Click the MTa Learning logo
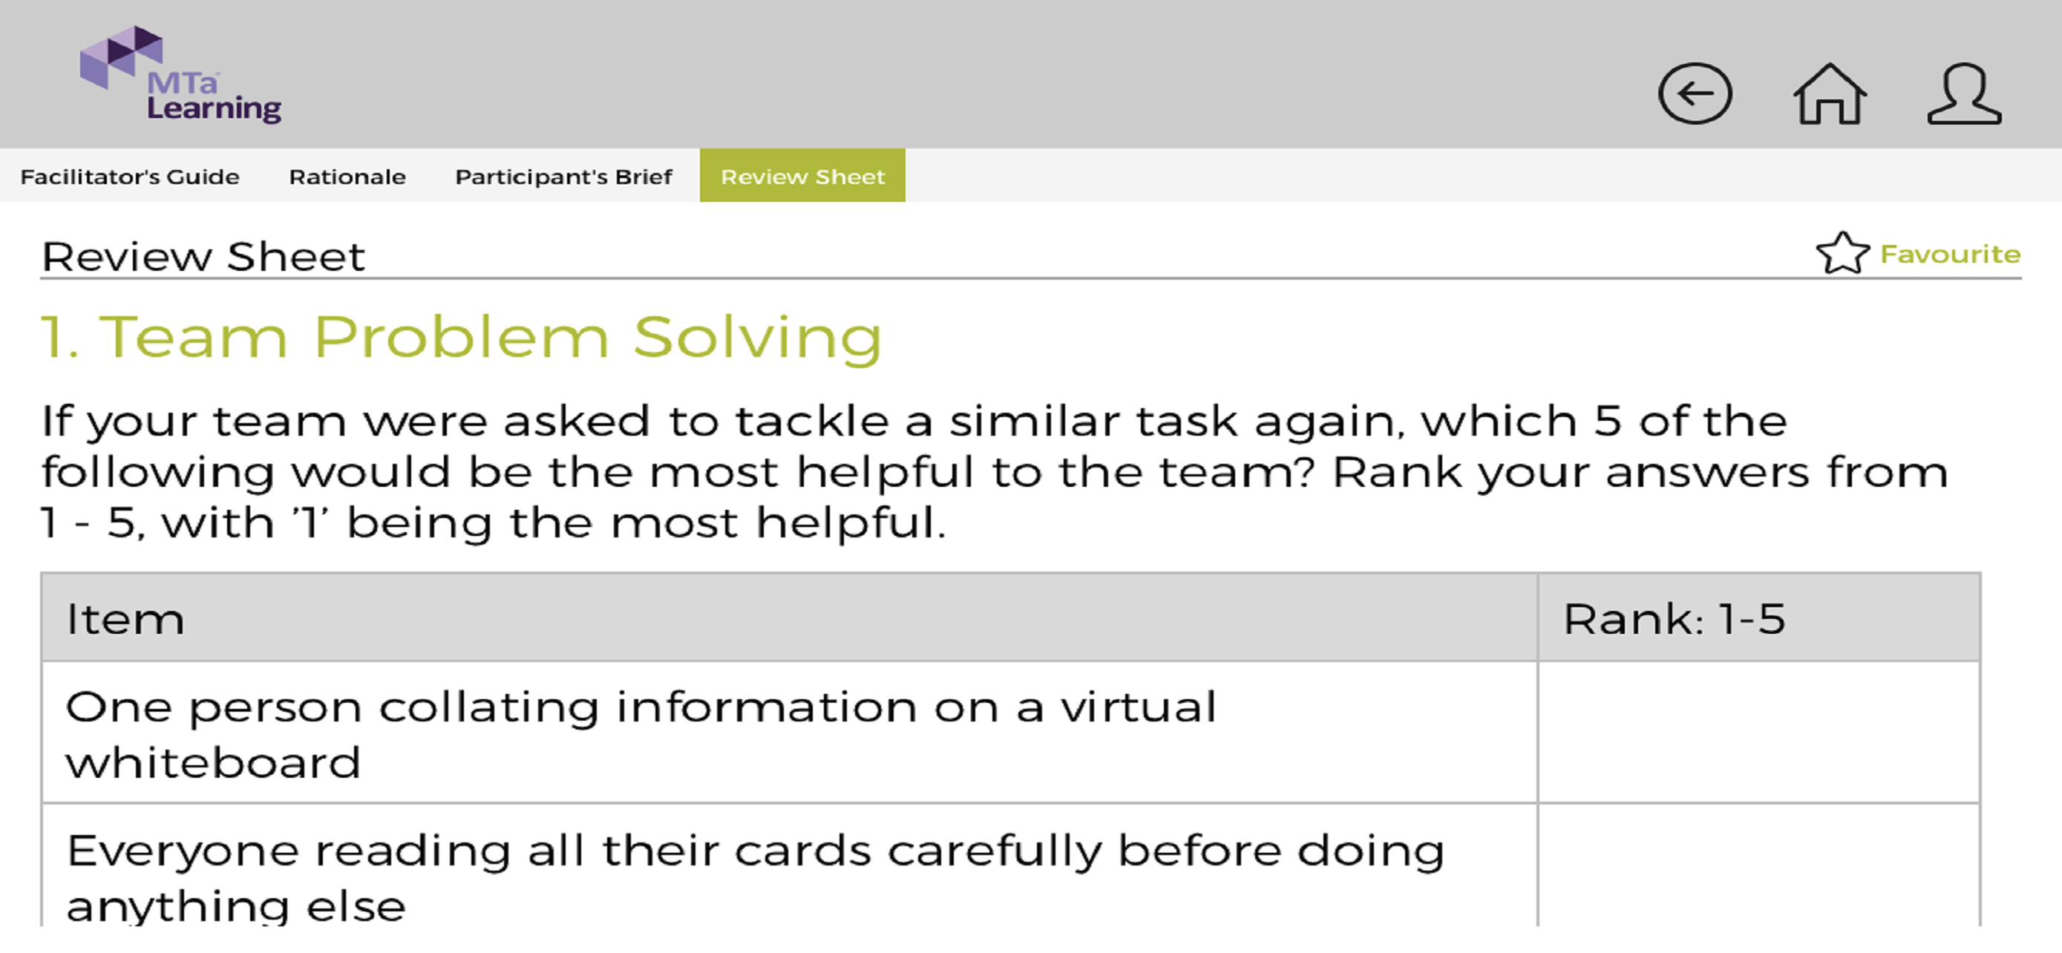[180, 74]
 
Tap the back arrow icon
[1695, 94]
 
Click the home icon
[1830, 94]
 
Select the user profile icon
[1964, 94]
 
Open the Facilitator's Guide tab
[130, 176]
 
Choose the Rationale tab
[347, 176]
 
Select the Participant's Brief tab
[563, 176]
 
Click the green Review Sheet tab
[802, 175]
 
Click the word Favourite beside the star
[1950, 255]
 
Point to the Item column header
[125, 619]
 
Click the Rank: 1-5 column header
[1674, 619]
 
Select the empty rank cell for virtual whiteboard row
[1758, 732]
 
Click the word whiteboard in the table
[213, 762]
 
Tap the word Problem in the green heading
[461, 337]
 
